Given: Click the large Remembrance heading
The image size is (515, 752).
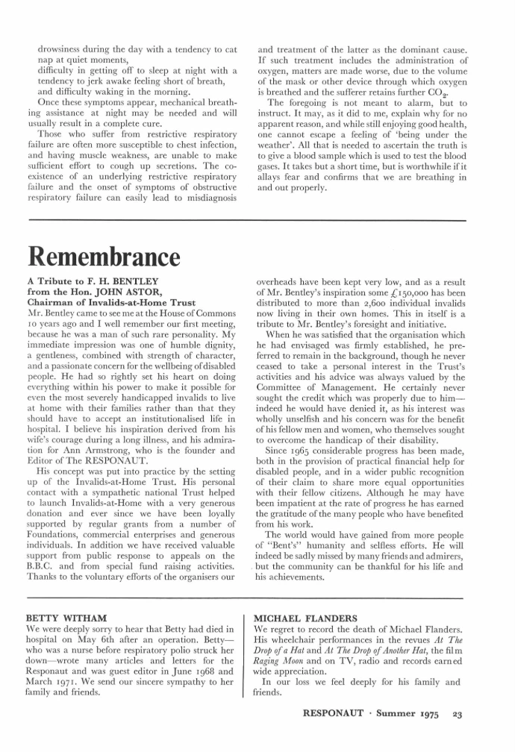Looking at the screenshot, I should point(104,256).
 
